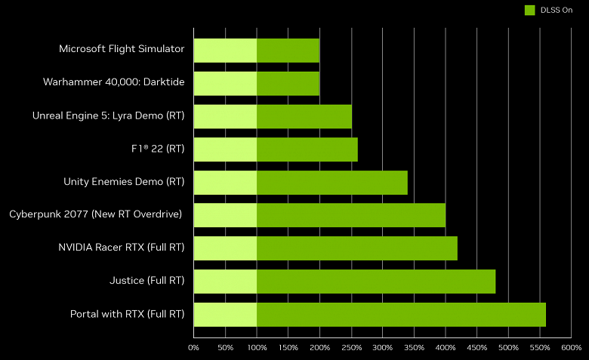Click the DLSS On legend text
click(x=557, y=10)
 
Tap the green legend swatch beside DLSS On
click(x=530, y=10)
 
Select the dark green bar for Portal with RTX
click(x=401, y=314)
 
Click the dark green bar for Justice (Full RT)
click(x=376, y=281)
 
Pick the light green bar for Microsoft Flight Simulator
click(x=225, y=50)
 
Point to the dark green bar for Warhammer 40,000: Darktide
click(x=288, y=83)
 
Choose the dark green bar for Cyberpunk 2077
click(x=351, y=215)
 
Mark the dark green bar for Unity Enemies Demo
click(x=332, y=182)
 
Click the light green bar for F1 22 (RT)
click(x=225, y=149)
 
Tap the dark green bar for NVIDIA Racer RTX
click(x=357, y=248)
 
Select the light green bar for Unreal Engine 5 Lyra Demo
click(x=225, y=116)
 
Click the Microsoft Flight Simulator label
click(x=122, y=49)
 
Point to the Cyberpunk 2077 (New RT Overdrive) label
click(x=96, y=214)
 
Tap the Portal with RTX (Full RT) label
click(x=127, y=314)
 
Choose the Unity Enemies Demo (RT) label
click(x=124, y=181)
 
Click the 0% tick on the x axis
click(x=193, y=348)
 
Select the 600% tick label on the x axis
click(x=571, y=348)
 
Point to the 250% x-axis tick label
click(x=351, y=348)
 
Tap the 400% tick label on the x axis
click(x=446, y=348)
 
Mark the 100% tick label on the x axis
click(x=257, y=348)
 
